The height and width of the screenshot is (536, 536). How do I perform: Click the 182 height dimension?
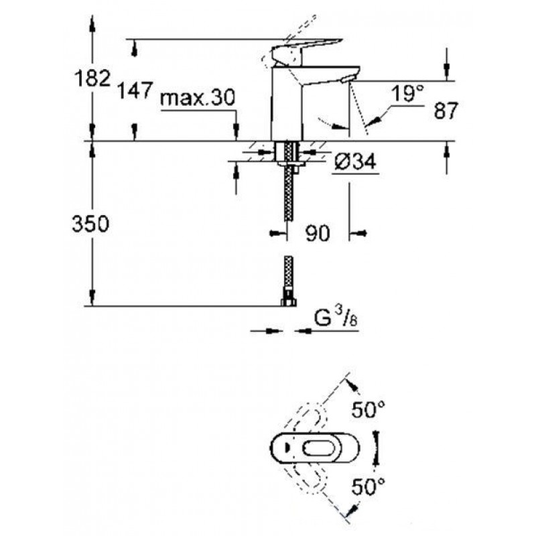[92, 78]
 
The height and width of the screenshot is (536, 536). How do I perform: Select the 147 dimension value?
[135, 90]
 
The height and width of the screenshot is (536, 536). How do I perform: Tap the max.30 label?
[198, 97]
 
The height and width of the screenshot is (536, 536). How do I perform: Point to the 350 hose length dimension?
[90, 224]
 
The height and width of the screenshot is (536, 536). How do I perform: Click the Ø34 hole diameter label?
[355, 161]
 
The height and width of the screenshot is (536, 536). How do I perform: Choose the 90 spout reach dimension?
[318, 233]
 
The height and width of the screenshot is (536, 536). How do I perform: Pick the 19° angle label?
[407, 93]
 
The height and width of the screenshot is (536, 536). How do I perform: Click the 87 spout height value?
[446, 111]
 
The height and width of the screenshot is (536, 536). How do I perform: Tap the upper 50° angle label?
[368, 410]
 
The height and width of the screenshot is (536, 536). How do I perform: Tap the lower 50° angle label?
[368, 486]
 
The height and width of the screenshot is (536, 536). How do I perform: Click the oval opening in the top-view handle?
[320, 448]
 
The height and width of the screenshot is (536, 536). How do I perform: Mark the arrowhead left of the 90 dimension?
[276, 233]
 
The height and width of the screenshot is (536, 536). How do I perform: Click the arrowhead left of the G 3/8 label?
[271, 331]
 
